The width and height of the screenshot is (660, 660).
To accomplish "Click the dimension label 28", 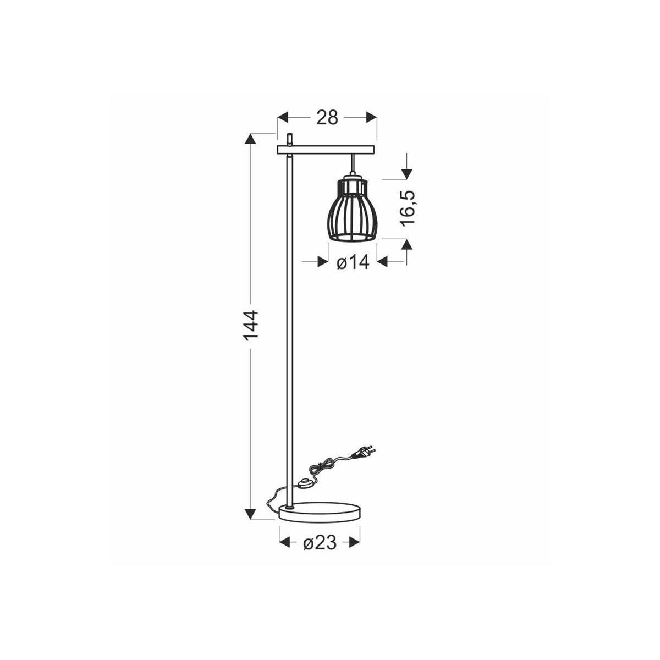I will [x=327, y=117].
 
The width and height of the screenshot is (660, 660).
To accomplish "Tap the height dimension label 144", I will [x=251, y=324].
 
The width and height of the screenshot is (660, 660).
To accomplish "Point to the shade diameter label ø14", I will [x=352, y=263].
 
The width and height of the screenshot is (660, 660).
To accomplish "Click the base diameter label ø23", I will [x=320, y=543].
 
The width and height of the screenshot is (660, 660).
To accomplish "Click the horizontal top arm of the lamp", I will [x=326, y=149].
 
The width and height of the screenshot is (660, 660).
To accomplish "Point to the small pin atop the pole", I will [x=289, y=139].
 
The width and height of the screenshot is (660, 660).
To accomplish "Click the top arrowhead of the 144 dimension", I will [x=251, y=139].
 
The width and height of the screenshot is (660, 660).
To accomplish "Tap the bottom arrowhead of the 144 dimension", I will [x=251, y=514].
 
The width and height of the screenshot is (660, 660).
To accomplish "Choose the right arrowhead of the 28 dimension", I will [x=372, y=117].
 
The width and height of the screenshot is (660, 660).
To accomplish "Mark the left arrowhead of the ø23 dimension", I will [x=285, y=543].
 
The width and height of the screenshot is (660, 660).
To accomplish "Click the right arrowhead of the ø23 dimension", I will [x=354, y=543].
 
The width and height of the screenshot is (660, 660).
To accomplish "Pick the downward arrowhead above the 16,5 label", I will [x=406, y=173].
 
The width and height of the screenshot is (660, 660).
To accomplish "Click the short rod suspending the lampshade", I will [x=351, y=164].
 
